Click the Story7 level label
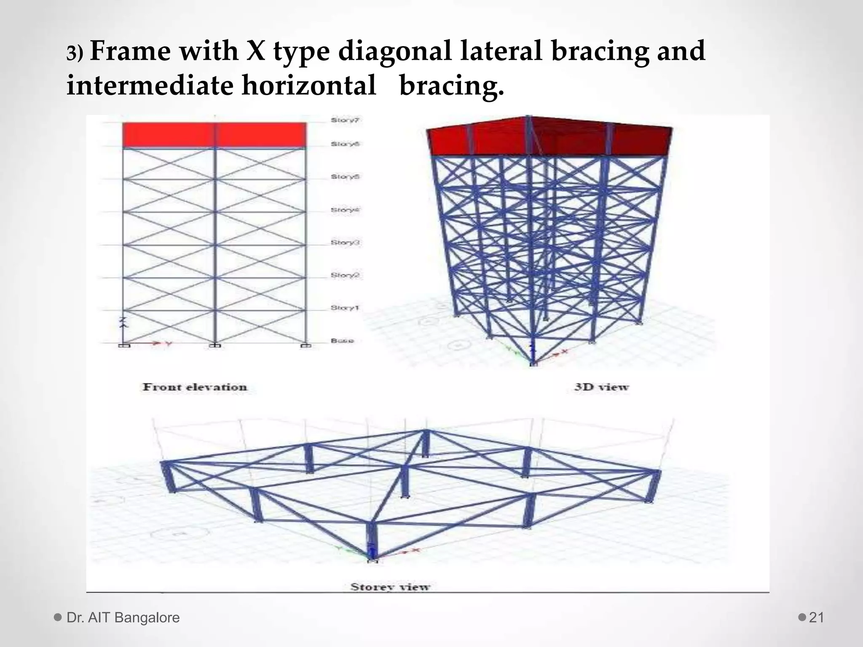click(x=345, y=120)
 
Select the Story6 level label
click(x=345, y=144)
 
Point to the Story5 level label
click(x=345, y=177)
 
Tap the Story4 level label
click(x=345, y=210)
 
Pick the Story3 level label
click(x=345, y=243)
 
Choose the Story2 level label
click(x=345, y=275)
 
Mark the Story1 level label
click(x=345, y=308)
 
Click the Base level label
click(x=342, y=341)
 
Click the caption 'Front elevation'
click(x=195, y=387)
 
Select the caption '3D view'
click(x=601, y=387)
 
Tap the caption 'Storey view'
click(x=390, y=587)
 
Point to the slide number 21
click(x=817, y=618)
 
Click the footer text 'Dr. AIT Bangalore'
click(x=123, y=618)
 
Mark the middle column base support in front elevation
click(x=215, y=346)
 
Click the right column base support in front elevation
click(x=306, y=346)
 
